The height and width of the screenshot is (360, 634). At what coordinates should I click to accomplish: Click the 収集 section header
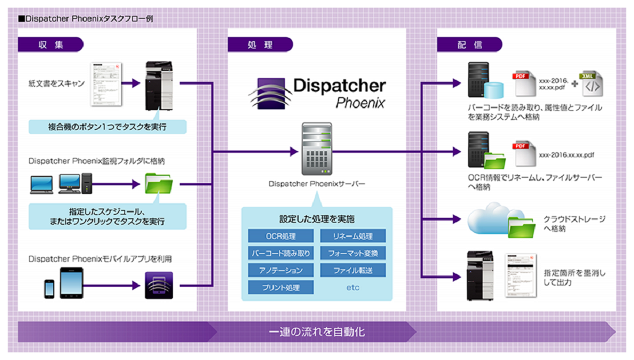tap(51, 44)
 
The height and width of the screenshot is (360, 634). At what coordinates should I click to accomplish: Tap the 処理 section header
tap(260, 44)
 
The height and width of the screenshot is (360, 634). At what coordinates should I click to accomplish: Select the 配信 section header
tap(469, 44)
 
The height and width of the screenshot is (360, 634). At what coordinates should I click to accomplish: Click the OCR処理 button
tap(281, 236)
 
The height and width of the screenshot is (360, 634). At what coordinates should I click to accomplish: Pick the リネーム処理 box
tap(353, 236)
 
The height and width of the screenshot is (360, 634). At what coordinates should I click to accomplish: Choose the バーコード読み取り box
tap(281, 253)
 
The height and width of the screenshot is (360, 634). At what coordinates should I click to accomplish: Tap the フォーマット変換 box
tap(353, 253)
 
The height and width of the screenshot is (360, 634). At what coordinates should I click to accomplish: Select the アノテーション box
tap(281, 270)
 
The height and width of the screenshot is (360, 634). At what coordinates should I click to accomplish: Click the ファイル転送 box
tap(353, 270)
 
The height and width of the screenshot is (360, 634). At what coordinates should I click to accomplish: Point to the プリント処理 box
tap(281, 287)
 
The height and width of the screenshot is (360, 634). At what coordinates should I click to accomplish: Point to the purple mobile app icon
tap(158, 285)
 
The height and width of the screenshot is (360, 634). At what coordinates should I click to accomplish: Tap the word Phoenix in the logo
tap(360, 104)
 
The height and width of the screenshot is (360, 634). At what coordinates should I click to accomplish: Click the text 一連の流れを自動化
tap(316, 332)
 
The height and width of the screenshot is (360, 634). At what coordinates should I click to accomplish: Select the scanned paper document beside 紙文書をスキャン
tap(110, 84)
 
